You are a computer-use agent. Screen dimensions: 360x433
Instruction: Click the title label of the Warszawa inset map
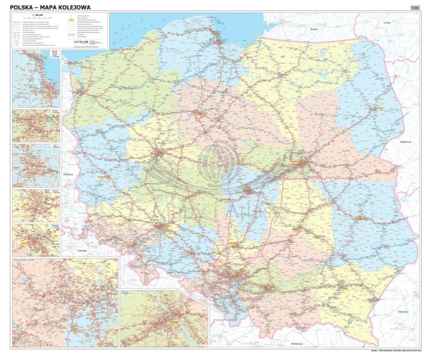[x=126, y=293]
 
